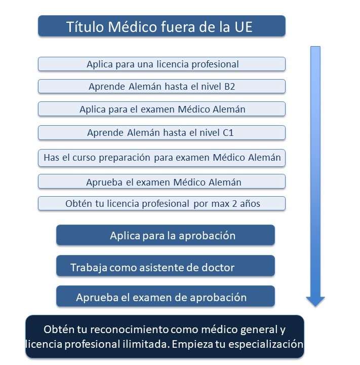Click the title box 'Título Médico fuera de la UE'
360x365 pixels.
point(162,26)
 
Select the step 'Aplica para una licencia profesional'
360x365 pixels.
point(162,64)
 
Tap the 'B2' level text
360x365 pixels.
point(229,87)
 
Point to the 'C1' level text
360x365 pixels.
point(228,133)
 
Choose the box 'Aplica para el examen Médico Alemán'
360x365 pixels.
point(162,109)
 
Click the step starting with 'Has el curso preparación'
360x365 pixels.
point(162,158)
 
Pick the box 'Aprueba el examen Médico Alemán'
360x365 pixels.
point(162,181)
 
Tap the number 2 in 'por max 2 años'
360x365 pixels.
point(234,204)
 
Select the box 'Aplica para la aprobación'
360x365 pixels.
point(166,235)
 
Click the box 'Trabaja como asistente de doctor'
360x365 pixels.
point(166,266)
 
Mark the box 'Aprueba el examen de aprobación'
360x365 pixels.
point(166,296)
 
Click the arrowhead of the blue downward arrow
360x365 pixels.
point(315,302)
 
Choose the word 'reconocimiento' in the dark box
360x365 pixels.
point(129,330)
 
